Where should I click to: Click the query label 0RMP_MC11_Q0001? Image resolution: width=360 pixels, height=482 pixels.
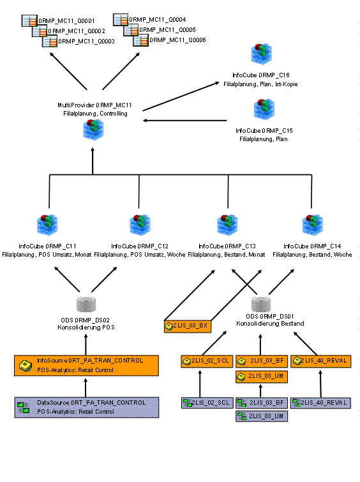point(66,21)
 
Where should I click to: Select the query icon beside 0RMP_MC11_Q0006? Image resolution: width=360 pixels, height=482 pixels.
point(141,40)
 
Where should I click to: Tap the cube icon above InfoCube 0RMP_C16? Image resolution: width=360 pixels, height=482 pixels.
point(261,54)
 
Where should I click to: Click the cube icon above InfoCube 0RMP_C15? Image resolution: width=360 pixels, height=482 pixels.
point(264,109)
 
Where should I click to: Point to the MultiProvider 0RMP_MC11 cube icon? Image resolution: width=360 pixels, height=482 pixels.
point(93,130)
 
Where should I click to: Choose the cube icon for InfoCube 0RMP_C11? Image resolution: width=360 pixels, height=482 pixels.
point(47,225)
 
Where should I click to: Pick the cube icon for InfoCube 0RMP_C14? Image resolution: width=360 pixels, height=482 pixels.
point(312,225)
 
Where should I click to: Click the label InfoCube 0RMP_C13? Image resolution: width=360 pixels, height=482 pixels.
point(227,246)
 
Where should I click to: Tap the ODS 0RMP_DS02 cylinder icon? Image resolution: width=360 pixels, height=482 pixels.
point(86,305)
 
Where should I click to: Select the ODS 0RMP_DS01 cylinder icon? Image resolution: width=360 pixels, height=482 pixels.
point(261,304)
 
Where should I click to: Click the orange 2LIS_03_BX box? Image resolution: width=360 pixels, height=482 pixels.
point(188,326)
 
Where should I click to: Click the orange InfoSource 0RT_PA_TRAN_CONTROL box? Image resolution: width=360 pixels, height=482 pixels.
point(86,366)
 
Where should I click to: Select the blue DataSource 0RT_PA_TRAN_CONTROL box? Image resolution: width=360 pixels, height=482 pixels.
point(87,407)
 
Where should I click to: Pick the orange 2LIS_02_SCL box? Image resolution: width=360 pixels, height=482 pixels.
point(206,361)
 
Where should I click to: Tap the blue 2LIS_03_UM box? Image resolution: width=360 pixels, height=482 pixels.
point(262,416)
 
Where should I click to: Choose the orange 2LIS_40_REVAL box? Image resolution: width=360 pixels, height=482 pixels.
point(321,361)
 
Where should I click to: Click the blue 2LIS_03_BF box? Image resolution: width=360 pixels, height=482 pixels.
point(262,403)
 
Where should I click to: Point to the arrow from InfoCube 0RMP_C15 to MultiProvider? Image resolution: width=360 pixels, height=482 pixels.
point(185,121)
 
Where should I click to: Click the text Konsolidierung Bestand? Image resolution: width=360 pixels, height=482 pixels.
point(270,324)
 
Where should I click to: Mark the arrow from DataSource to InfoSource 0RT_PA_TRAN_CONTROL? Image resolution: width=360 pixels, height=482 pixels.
point(86,388)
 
